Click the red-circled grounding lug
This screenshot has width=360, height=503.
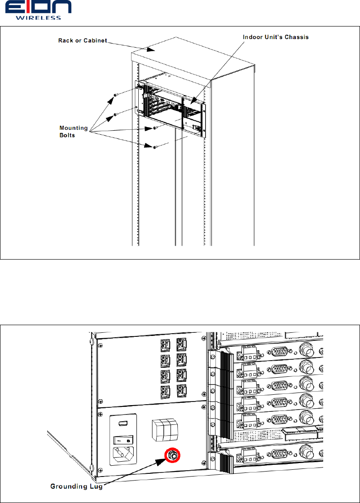click(173, 455)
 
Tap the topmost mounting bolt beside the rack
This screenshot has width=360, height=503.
click(116, 95)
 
